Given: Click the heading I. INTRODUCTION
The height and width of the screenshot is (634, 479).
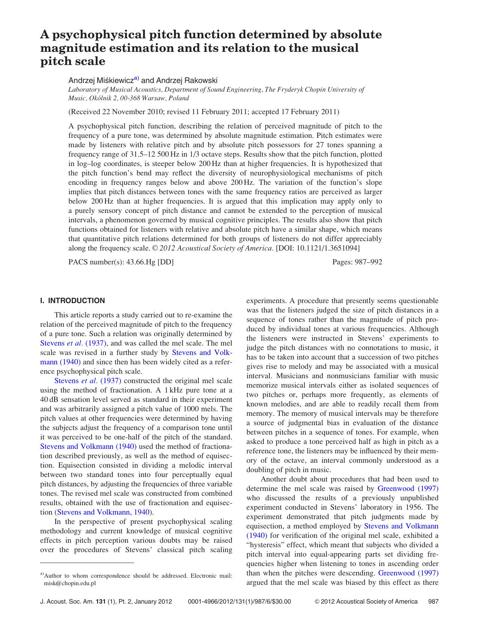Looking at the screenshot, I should click(x=73, y=300).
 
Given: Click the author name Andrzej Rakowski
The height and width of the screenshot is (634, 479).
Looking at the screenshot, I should click(x=186, y=80).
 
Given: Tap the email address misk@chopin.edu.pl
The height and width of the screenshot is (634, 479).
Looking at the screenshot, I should click(x=70, y=583).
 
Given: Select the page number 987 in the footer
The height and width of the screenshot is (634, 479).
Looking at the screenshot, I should click(x=433, y=601).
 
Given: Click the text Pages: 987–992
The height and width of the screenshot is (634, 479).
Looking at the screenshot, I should click(x=357, y=262).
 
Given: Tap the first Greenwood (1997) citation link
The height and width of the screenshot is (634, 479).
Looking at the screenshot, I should click(x=408, y=488).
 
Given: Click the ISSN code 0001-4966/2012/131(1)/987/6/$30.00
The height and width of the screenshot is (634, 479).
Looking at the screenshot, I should click(x=239, y=601).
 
